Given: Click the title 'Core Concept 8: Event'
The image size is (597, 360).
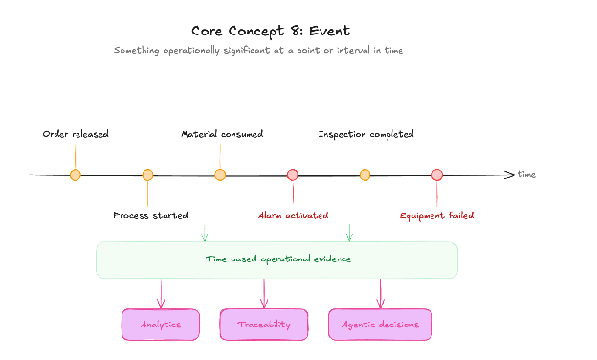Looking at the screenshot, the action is pyautogui.click(x=271, y=31).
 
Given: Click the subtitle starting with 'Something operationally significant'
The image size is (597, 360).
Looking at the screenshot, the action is pyautogui.click(x=258, y=51).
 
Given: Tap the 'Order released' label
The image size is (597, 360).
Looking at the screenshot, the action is pyautogui.click(x=76, y=134).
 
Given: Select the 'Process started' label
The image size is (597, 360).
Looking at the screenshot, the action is pyautogui.click(x=150, y=215).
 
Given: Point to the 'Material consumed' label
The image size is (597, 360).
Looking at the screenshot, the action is pyautogui.click(x=222, y=134).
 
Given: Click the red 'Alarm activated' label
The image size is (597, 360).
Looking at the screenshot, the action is pyautogui.click(x=293, y=215).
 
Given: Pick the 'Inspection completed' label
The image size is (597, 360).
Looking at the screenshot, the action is pyautogui.click(x=365, y=134).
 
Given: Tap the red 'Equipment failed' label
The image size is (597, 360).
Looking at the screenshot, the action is pyautogui.click(x=436, y=216).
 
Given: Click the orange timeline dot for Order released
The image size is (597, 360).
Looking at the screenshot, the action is pyautogui.click(x=76, y=175).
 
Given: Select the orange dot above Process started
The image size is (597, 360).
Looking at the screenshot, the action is pyautogui.click(x=147, y=175).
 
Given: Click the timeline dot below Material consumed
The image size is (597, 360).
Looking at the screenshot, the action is pyautogui.click(x=220, y=175).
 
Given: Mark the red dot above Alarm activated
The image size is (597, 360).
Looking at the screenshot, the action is pyautogui.click(x=293, y=175).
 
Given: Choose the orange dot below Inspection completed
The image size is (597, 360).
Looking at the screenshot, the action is pyautogui.click(x=365, y=175).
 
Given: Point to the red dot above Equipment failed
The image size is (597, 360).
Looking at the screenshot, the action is pyautogui.click(x=437, y=175).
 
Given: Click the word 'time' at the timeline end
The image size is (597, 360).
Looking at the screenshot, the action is pyautogui.click(x=526, y=175).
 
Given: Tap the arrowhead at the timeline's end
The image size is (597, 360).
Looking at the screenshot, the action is pyautogui.click(x=513, y=175).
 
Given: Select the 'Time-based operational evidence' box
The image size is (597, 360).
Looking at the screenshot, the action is pyautogui.click(x=276, y=259).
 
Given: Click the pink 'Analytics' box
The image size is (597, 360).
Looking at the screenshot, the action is pyautogui.click(x=161, y=325).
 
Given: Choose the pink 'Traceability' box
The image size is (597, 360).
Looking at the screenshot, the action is pyautogui.click(x=264, y=325).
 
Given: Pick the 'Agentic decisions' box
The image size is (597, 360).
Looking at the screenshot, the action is pyautogui.click(x=381, y=325).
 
